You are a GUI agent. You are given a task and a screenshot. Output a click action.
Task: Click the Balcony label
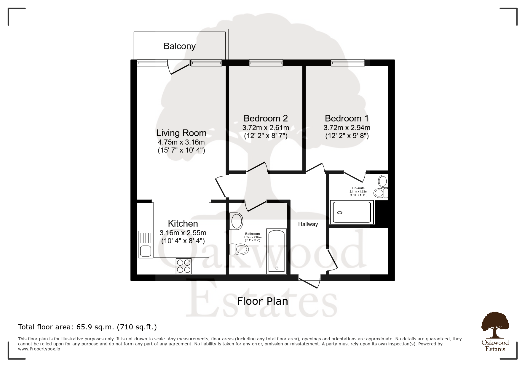click(180, 46)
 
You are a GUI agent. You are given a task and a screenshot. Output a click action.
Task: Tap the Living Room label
click(181, 133)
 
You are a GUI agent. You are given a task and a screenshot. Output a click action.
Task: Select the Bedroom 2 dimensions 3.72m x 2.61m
click(266, 128)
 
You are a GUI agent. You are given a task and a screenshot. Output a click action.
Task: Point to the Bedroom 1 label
click(347, 118)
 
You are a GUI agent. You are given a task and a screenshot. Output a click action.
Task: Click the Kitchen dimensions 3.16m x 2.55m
click(183, 233)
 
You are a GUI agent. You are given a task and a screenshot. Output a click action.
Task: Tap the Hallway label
click(308, 224)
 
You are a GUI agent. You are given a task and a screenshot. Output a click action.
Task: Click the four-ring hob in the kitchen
click(184, 266)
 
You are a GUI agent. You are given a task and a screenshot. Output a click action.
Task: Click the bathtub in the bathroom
click(277, 251)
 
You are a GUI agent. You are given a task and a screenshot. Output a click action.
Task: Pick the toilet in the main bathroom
click(239, 249)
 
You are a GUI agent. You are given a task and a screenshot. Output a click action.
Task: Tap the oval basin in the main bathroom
click(237, 221)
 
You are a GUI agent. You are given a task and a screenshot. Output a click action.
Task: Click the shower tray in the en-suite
click(352, 212)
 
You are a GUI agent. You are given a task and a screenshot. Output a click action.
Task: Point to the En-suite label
click(358, 188)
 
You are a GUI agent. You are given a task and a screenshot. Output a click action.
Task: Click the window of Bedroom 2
click(266, 62)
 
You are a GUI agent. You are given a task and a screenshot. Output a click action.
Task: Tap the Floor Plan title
click(262, 301)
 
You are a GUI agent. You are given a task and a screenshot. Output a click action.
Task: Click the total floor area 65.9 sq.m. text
click(87, 327)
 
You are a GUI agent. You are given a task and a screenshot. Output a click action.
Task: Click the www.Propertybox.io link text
click(39, 349)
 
